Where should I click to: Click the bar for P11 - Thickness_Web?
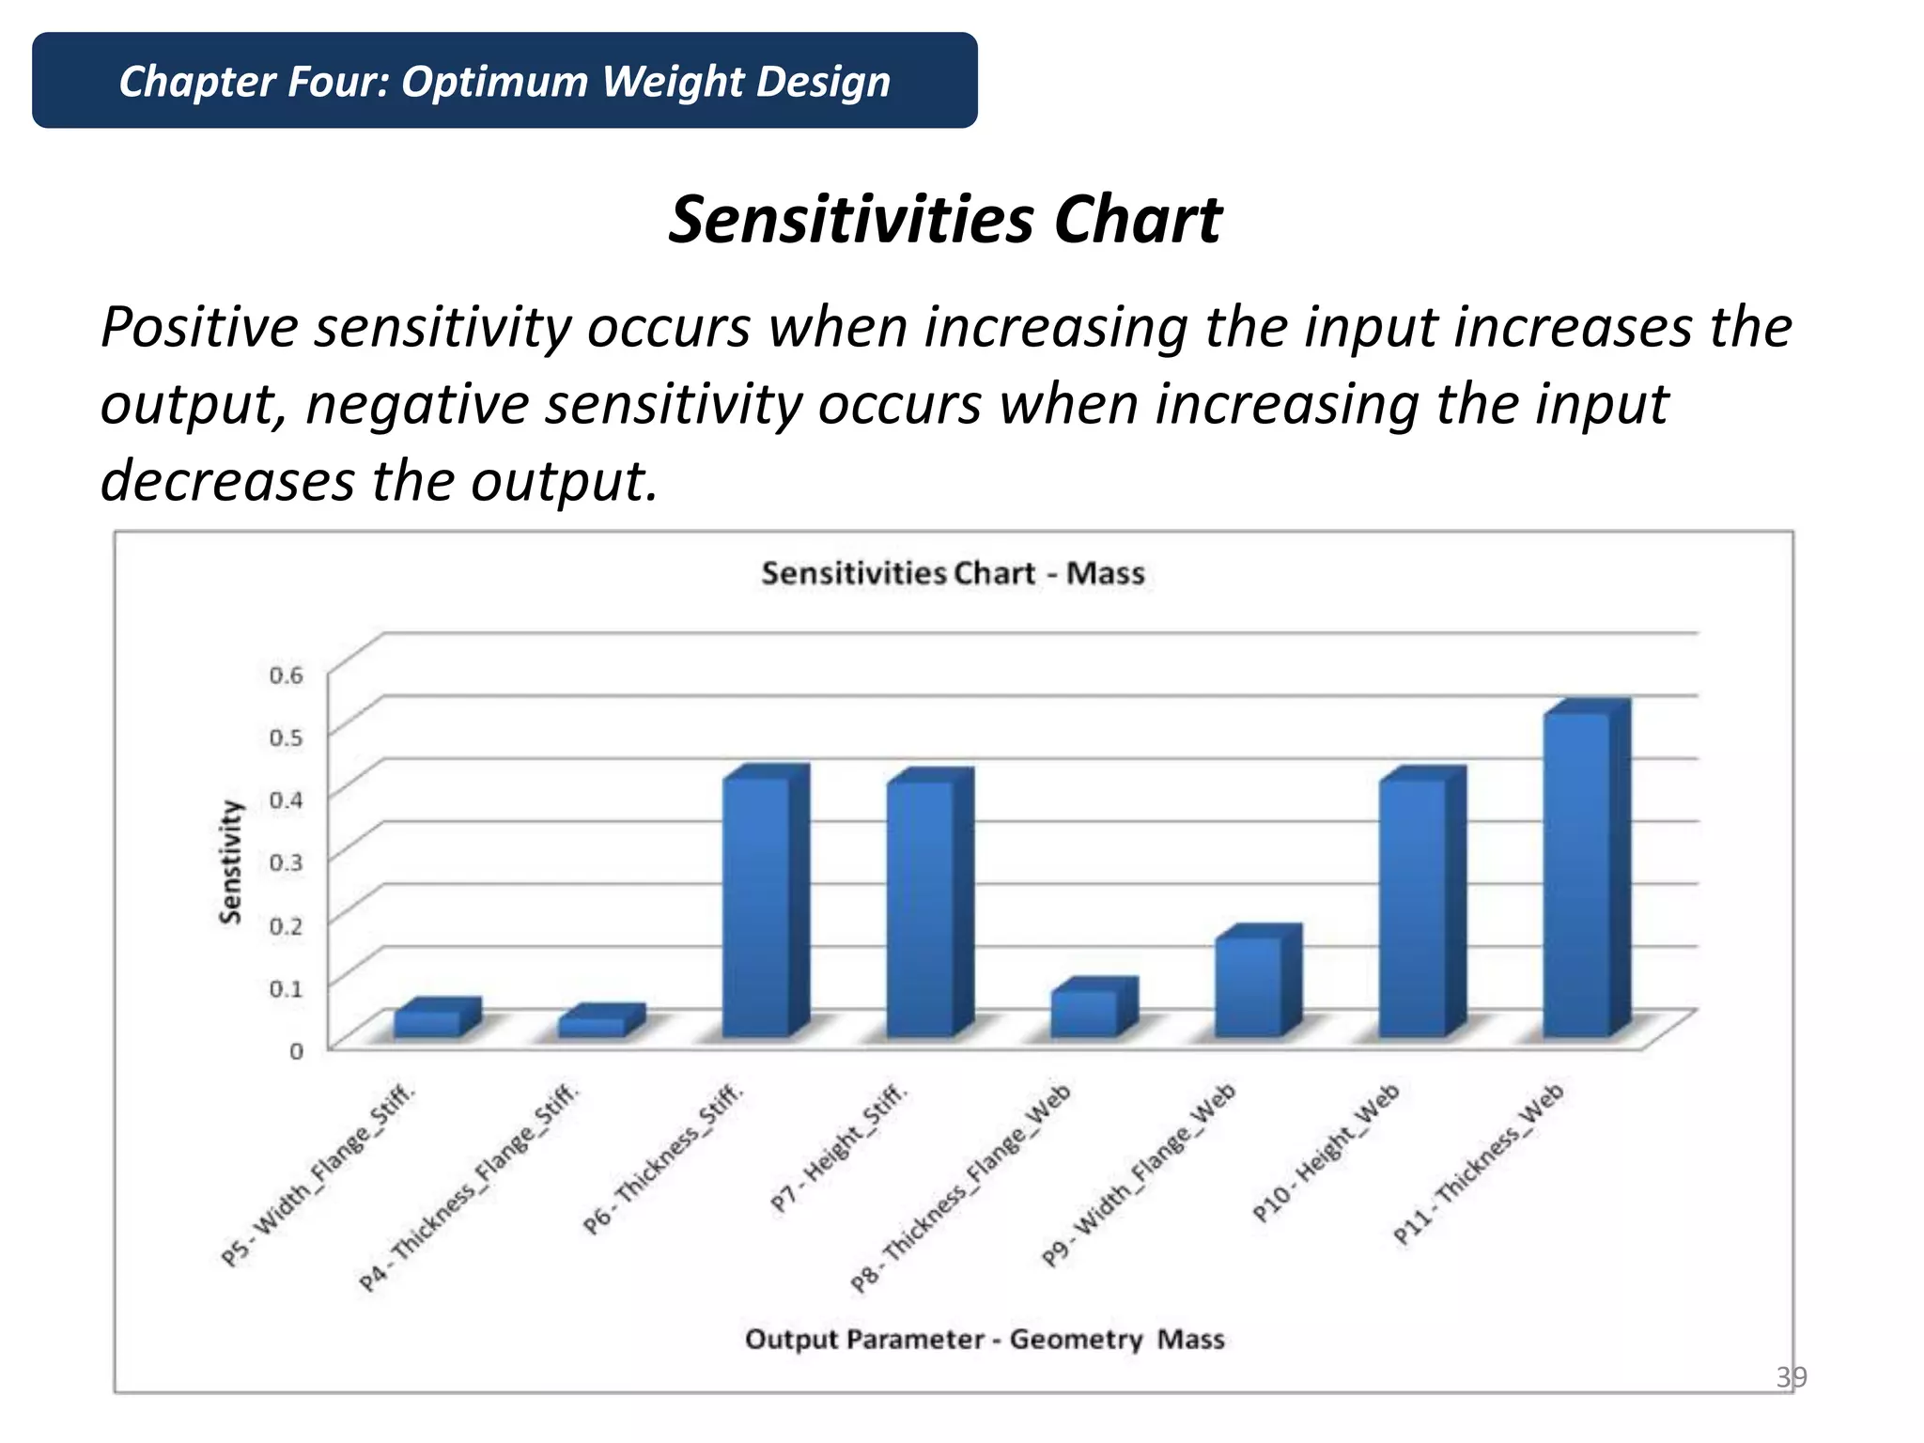[1576, 874]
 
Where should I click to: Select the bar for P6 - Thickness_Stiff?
[756, 907]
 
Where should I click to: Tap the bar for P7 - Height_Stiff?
[921, 908]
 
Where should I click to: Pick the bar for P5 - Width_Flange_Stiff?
[427, 1023]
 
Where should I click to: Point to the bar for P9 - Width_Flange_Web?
[1248, 986]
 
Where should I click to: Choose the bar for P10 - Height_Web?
[1412, 908]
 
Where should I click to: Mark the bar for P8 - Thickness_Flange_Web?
[1084, 1014]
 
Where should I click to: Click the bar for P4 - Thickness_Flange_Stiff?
[592, 1026]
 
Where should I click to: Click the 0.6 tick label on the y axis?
[286, 675]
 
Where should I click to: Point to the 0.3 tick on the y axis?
[286, 861]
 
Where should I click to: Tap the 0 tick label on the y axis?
[296, 1050]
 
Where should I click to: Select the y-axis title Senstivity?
[231, 861]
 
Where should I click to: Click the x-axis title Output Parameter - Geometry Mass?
[985, 1339]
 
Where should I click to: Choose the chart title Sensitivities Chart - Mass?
[953, 573]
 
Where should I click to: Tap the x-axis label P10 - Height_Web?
[1327, 1152]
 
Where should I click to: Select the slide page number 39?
[1791, 1377]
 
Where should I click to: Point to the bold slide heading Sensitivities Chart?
[945, 220]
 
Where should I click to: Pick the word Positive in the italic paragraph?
[199, 328]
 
